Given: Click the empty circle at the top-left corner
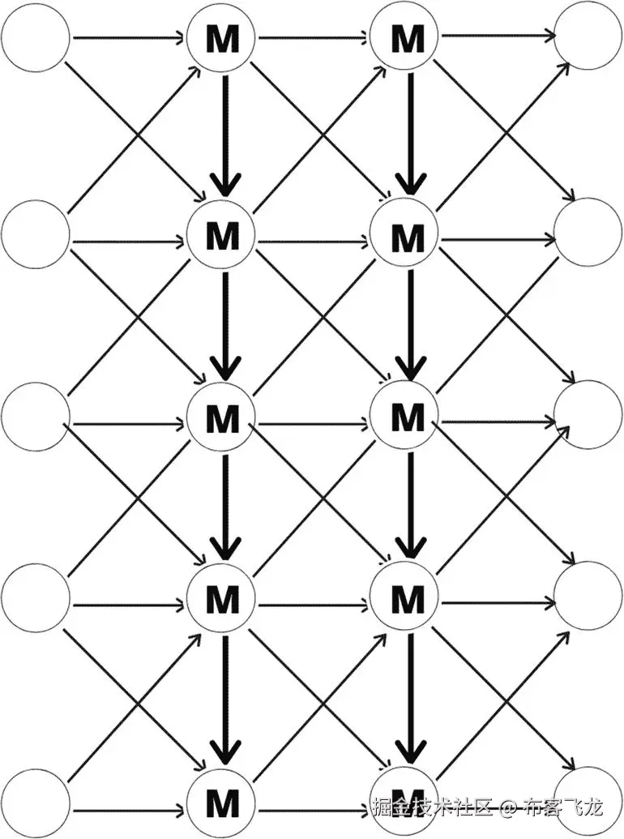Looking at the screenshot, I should tap(35, 38).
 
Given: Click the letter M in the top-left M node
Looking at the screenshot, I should tap(222, 39).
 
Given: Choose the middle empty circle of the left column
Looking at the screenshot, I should tap(35, 418).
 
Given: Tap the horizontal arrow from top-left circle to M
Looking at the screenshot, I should tap(130, 38).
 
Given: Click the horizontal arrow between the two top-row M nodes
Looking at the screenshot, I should tap(316, 37).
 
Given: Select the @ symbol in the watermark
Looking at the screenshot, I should tap(507, 807).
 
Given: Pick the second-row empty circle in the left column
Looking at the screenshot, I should tap(35, 237).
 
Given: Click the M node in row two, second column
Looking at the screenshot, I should tap(222, 237).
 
